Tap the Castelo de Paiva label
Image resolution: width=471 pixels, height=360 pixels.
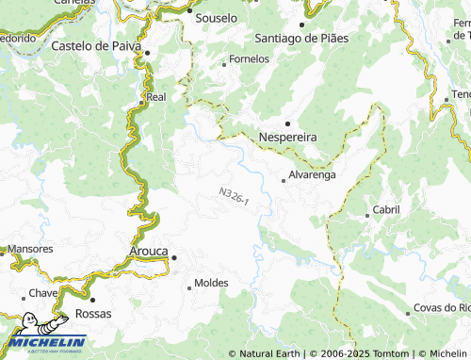point(95,44)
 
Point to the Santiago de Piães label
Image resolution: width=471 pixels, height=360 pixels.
point(301,39)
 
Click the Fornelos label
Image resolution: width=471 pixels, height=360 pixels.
point(249,58)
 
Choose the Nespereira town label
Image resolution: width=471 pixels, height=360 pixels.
point(287,137)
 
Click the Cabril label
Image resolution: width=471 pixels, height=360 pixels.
point(386,209)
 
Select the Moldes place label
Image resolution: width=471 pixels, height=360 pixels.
point(210,284)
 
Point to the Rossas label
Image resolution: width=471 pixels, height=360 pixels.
point(92,313)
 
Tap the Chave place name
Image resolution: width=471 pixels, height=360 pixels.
point(43,293)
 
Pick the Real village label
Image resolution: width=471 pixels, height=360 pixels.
point(156,96)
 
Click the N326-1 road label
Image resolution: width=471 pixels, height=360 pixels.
point(234,198)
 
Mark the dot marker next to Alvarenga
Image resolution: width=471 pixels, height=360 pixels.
point(284,180)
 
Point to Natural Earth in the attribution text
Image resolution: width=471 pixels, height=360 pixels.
point(270,353)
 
